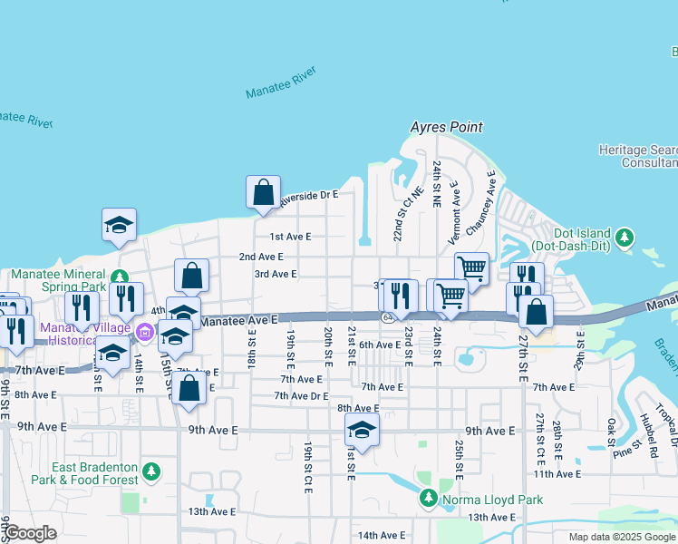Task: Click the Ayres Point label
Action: point(446,128)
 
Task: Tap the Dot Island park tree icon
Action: point(624,238)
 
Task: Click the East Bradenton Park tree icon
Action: point(151,472)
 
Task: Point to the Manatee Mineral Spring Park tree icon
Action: point(119,274)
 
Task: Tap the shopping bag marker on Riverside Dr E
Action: point(263,192)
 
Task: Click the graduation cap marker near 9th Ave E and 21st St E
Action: point(362,430)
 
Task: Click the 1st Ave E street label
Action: point(290,236)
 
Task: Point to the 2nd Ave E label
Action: point(261,257)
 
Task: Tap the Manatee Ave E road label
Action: point(238,321)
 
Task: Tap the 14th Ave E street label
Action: point(381,535)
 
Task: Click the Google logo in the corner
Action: point(31,533)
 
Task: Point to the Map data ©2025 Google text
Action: point(621,537)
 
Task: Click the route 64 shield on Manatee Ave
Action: point(387,317)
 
